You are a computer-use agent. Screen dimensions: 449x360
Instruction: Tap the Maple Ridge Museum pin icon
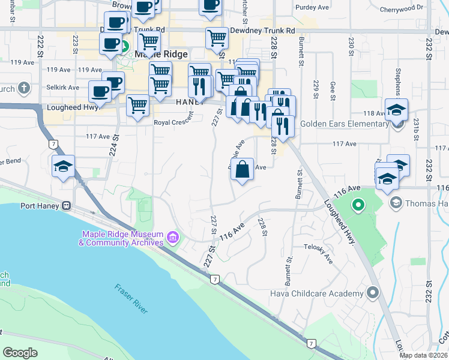click(173, 238)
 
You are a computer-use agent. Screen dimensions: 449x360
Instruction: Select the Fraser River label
click(131, 298)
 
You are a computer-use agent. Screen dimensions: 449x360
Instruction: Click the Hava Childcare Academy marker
click(373, 293)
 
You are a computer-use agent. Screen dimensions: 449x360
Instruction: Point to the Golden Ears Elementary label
click(345, 124)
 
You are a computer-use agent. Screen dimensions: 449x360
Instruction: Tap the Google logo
click(20, 352)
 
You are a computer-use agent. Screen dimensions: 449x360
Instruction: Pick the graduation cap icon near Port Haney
click(63, 167)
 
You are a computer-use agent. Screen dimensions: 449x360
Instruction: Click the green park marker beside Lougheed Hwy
click(358, 206)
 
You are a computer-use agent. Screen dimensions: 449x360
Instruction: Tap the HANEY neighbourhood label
click(191, 103)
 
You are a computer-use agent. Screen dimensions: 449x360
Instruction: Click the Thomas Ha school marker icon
click(396, 203)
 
